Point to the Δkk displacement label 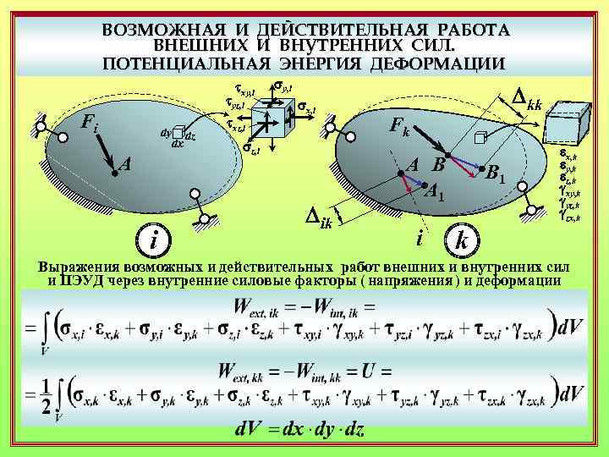click(522, 102)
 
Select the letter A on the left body click(124, 164)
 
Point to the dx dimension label click(178, 144)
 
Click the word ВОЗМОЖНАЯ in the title click(158, 30)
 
